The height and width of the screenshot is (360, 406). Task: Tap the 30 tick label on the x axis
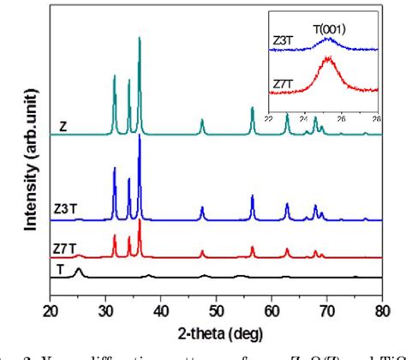pyautogui.click(x=106, y=309)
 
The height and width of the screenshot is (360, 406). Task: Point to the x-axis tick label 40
pyautogui.click(x=161, y=309)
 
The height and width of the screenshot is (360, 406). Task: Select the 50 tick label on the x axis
pyautogui.click(x=217, y=309)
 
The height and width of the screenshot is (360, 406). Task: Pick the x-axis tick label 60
pyautogui.click(x=272, y=309)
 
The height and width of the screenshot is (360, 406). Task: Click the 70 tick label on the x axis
pyautogui.click(x=327, y=309)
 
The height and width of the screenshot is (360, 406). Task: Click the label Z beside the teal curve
pyautogui.click(x=63, y=127)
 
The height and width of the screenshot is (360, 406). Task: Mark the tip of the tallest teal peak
pyautogui.click(x=139, y=38)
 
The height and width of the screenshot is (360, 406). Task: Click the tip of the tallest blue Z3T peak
pyautogui.click(x=139, y=136)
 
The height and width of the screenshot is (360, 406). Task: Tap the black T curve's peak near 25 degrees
pyautogui.click(x=79, y=269)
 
